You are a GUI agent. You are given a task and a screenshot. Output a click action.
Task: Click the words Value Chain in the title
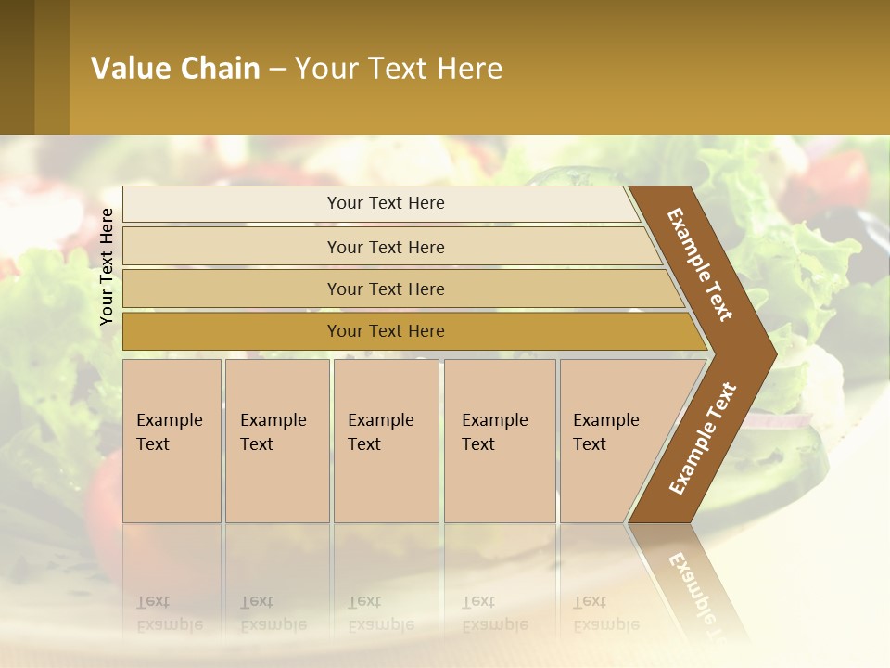click(x=175, y=69)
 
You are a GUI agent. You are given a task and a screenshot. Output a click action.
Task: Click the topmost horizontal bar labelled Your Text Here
click(x=385, y=203)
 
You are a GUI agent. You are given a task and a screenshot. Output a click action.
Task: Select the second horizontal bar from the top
click(x=385, y=247)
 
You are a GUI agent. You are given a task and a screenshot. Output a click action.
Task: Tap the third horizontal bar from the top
click(x=385, y=289)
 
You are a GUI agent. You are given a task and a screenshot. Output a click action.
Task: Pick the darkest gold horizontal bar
click(x=385, y=331)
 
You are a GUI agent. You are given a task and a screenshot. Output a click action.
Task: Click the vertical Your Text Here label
click(x=107, y=266)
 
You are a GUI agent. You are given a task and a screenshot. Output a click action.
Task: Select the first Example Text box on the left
click(x=172, y=440)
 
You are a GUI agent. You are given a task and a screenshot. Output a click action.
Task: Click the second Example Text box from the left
click(x=276, y=440)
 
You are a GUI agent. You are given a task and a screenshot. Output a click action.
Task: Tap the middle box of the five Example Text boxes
click(x=386, y=440)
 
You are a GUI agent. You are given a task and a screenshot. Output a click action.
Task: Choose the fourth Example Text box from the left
click(x=499, y=440)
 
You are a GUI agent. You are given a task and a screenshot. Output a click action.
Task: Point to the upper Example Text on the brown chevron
click(x=700, y=264)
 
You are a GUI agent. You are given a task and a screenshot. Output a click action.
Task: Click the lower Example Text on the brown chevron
click(x=702, y=438)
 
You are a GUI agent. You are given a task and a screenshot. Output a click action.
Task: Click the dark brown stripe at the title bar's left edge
click(x=18, y=68)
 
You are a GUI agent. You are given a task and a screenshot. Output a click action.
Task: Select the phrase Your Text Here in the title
click(x=399, y=69)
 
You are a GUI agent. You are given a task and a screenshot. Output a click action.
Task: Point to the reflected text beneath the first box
click(x=170, y=613)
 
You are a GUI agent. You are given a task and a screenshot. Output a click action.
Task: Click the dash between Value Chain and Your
click(x=277, y=70)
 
